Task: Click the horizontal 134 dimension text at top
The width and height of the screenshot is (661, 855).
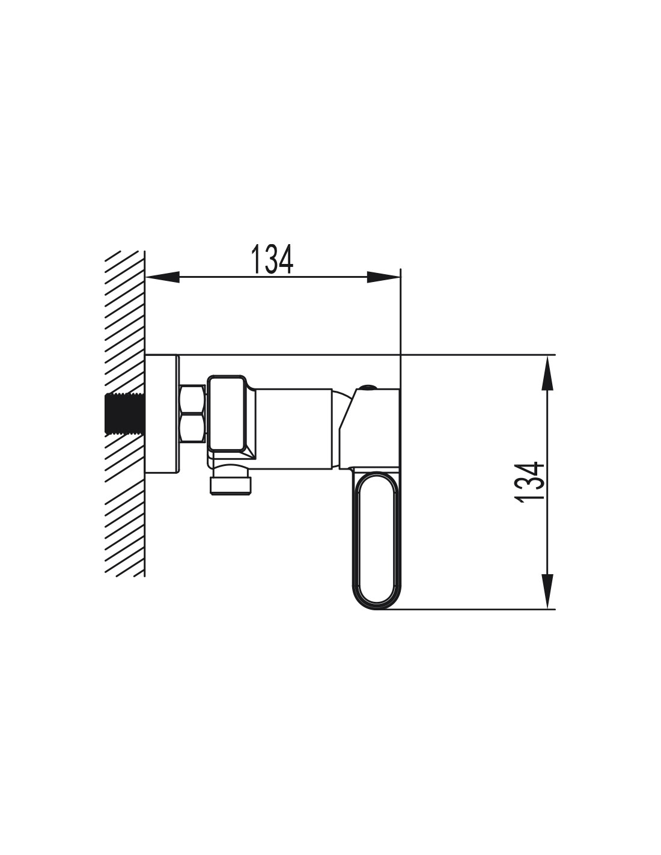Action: pos(272,259)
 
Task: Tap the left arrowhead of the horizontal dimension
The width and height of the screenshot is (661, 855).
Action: pos(162,277)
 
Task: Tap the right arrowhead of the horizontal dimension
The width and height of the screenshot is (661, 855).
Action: pos(383,277)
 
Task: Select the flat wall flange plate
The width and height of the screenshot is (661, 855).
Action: pos(162,413)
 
